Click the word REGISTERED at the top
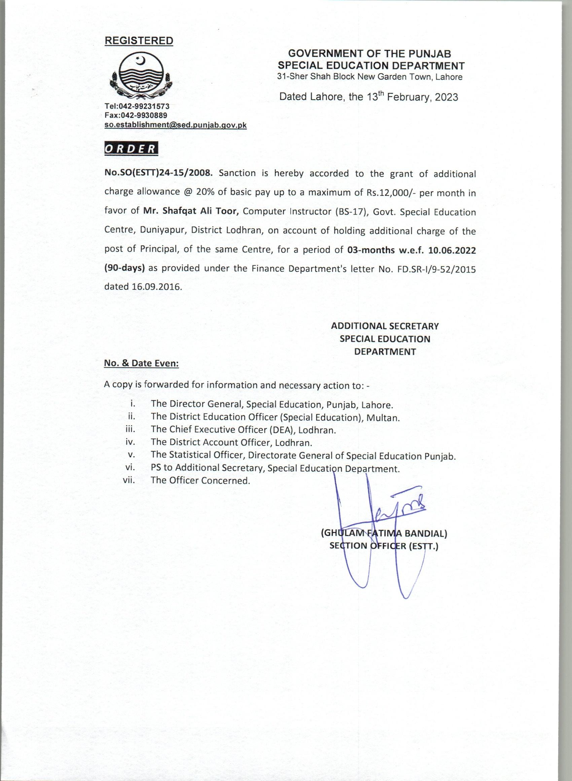pyautogui.click(x=139, y=41)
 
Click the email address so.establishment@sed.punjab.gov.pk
pyautogui.click(x=176, y=125)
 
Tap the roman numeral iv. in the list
pyautogui.click(x=130, y=442)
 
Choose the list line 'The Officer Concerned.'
pyautogui.click(x=200, y=481)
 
